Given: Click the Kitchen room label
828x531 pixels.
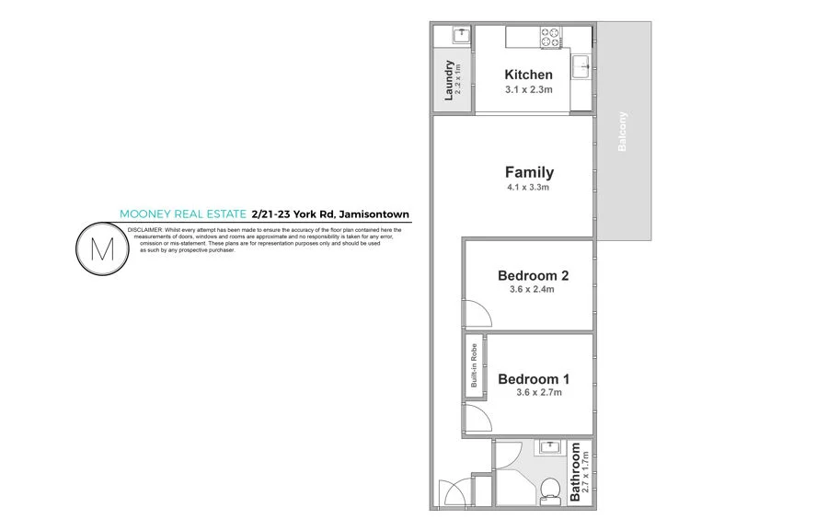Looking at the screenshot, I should [529, 75].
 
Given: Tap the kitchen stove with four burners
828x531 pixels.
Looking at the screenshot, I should [549, 38].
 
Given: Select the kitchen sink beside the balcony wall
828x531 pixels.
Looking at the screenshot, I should [581, 67].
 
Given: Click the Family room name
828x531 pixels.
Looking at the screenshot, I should [529, 172].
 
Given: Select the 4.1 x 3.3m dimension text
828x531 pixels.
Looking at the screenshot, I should [529, 189].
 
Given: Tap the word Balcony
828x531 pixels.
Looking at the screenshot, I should [623, 132].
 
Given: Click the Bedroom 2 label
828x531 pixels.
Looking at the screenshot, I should [533, 275].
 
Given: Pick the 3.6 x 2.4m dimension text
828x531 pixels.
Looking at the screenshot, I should [532, 290].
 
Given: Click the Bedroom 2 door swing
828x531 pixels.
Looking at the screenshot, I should [477, 316].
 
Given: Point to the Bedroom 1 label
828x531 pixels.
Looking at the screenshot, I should [534, 378].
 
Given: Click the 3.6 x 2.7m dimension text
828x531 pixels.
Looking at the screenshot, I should [538, 393].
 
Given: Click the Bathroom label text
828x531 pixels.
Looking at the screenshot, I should [576, 473].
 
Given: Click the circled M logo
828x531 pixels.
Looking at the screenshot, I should [99, 248].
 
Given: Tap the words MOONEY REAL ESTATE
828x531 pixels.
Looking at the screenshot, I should [183, 214].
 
